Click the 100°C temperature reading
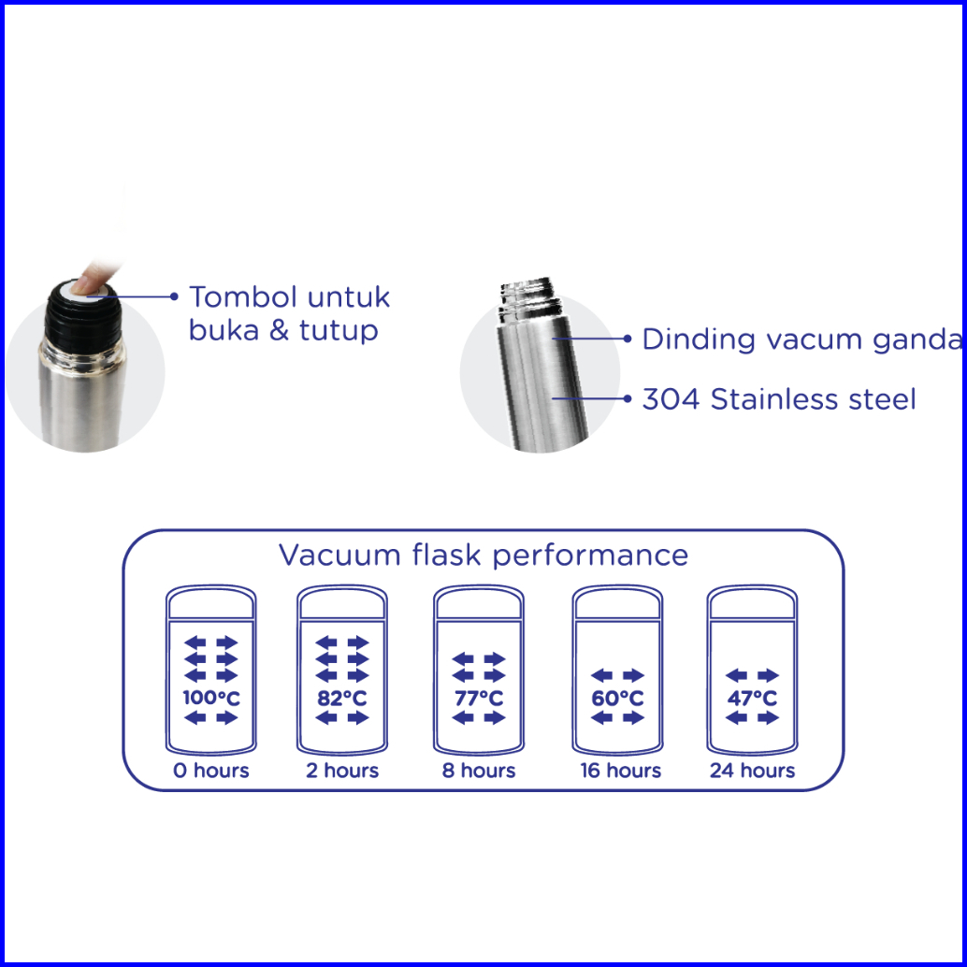click(211, 698)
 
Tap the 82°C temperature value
click(342, 698)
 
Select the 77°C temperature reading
click(479, 698)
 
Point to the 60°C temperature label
click(617, 698)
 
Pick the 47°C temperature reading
click(752, 698)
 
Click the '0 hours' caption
click(211, 771)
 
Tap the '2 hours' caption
click(342, 771)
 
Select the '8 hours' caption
click(479, 771)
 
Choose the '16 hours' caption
click(620, 771)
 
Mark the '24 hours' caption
click(753, 771)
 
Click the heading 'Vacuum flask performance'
click(483, 555)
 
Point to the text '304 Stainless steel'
click(779, 399)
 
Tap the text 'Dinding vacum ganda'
click(801, 339)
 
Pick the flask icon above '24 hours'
click(752, 670)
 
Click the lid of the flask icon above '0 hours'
click(211, 601)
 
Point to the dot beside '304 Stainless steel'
click(628, 399)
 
